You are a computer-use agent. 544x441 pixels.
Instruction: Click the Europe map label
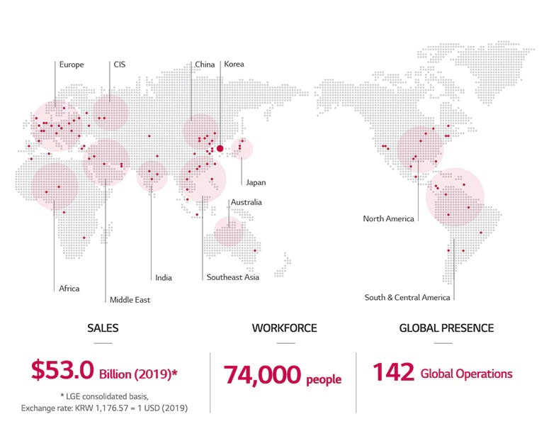pyautogui.click(x=72, y=65)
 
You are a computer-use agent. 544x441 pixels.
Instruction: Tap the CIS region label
pyautogui.click(x=119, y=65)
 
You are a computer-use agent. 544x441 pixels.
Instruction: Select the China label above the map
pyautogui.click(x=205, y=65)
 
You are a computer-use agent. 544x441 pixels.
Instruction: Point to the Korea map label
pyautogui.click(x=234, y=65)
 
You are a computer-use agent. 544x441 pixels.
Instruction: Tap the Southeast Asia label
pyautogui.click(x=232, y=277)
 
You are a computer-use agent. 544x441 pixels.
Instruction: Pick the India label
pyautogui.click(x=164, y=277)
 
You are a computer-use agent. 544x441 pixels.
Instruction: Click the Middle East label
pyautogui.click(x=130, y=300)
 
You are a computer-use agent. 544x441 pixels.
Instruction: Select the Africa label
pyautogui.click(x=69, y=289)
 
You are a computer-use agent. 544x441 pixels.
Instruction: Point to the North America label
pyautogui.click(x=388, y=218)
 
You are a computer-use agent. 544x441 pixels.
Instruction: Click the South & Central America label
pyautogui.click(x=407, y=297)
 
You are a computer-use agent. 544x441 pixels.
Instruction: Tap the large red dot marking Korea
pyautogui.click(x=220, y=148)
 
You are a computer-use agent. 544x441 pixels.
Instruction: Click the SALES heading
pyautogui.click(x=103, y=328)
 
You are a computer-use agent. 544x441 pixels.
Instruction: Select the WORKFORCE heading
pyautogui.click(x=284, y=328)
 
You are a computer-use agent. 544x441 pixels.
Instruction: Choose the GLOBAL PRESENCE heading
pyautogui.click(x=446, y=328)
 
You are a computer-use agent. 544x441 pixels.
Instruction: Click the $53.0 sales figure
pyautogui.click(x=62, y=371)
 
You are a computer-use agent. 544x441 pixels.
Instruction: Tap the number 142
pyautogui.click(x=392, y=372)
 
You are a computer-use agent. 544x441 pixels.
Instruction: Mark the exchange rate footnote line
pyautogui.click(x=104, y=408)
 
